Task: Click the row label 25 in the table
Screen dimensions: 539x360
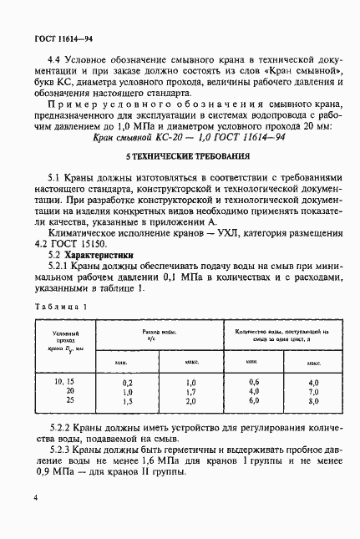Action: point(69,400)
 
